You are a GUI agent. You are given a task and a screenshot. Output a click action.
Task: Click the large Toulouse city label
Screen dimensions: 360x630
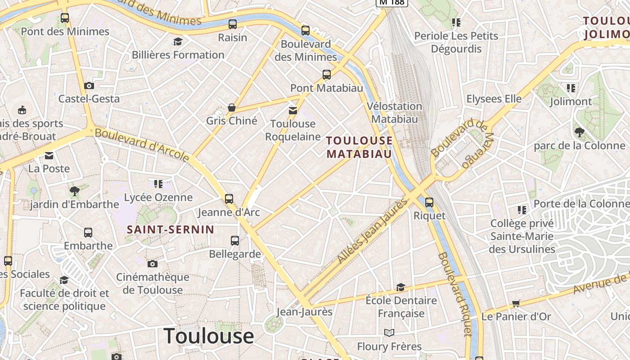point(208,336)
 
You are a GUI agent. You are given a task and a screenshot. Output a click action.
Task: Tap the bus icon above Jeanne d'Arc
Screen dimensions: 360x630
point(229,198)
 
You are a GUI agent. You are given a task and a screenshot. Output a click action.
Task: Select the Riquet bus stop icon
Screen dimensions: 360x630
point(429,202)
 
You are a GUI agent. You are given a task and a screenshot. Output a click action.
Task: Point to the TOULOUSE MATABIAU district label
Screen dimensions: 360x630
point(359,147)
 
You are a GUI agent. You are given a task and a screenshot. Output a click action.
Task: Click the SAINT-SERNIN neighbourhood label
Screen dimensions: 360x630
point(170,229)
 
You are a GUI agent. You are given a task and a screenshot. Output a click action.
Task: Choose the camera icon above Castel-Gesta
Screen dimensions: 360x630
point(89,85)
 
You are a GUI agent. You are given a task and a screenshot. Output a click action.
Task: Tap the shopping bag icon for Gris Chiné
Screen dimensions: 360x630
point(232,108)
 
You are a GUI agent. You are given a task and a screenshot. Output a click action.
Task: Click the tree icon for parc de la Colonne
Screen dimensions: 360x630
point(579,132)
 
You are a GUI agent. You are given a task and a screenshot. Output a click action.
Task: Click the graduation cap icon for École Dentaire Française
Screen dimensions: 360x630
point(400,287)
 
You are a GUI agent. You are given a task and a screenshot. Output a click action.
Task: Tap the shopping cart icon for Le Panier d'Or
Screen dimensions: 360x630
point(516,303)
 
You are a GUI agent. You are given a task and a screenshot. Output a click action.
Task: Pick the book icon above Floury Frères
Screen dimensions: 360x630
point(389,333)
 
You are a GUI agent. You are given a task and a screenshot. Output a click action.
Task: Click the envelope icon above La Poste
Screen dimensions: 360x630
point(49,156)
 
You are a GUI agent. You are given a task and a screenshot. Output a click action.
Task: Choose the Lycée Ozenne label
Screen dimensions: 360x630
point(158,197)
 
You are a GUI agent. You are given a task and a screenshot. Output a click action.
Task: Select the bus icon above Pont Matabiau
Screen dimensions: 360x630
point(327,74)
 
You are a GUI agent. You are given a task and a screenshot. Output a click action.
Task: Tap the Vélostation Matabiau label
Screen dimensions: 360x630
point(395,112)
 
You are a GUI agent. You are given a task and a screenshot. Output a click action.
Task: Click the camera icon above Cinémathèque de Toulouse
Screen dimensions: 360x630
point(153,264)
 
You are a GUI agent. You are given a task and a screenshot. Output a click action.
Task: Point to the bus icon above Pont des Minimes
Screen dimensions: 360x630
point(65,18)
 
